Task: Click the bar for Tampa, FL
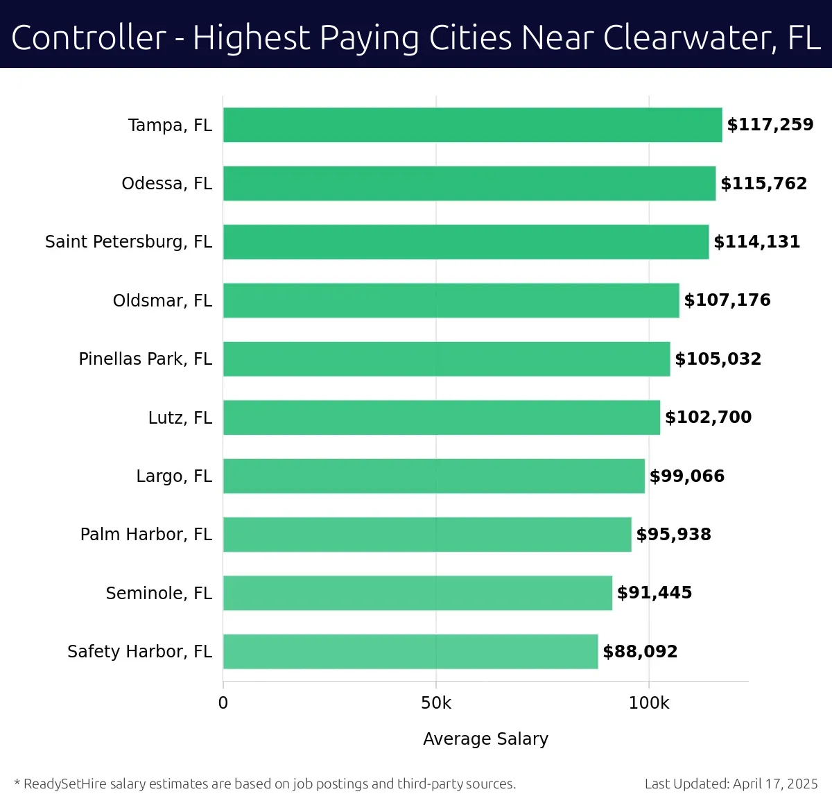click(x=472, y=125)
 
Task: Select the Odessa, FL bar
click(x=469, y=183)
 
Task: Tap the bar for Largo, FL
click(x=433, y=476)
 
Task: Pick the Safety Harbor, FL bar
click(x=410, y=651)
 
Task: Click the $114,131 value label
click(x=756, y=241)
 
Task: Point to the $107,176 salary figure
click(x=727, y=300)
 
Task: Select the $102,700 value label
click(x=708, y=417)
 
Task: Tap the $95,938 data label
click(x=673, y=535)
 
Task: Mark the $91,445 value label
click(x=654, y=593)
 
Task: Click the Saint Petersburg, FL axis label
click(x=128, y=242)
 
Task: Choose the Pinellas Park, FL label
click(x=145, y=359)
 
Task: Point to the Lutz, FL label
click(x=180, y=418)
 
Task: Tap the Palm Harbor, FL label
click(x=146, y=535)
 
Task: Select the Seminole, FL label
click(x=159, y=594)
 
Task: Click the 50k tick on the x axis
click(x=435, y=703)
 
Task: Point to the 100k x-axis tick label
click(x=648, y=703)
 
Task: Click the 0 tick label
click(x=223, y=703)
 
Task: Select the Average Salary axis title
click(x=485, y=739)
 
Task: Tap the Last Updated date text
click(x=731, y=784)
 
